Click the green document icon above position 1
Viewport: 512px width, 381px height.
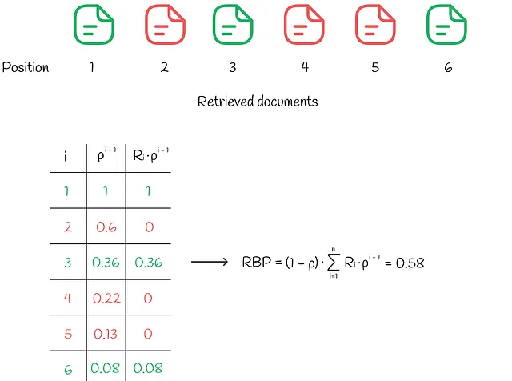(94, 25)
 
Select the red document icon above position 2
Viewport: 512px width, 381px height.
(166, 25)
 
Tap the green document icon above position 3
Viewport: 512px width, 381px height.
(233, 25)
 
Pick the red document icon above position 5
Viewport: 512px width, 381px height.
(375, 25)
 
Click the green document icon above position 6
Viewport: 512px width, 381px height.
(446, 25)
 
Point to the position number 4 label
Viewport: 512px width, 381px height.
(305, 67)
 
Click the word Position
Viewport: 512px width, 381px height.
(26, 67)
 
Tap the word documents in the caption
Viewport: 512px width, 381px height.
(287, 102)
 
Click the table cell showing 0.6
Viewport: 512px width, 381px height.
(106, 227)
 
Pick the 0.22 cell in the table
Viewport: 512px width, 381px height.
(106, 298)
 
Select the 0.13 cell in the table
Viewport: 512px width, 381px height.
(106, 334)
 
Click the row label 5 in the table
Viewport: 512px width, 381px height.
(68, 334)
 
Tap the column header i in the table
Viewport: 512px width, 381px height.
(66, 157)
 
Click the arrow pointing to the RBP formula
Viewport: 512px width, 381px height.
(210, 262)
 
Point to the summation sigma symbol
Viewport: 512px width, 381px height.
(334, 262)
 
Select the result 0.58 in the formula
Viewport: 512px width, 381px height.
(410, 263)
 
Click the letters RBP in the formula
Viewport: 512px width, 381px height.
(257, 262)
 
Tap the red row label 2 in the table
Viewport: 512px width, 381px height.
(68, 227)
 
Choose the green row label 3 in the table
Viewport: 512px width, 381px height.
(67, 263)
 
